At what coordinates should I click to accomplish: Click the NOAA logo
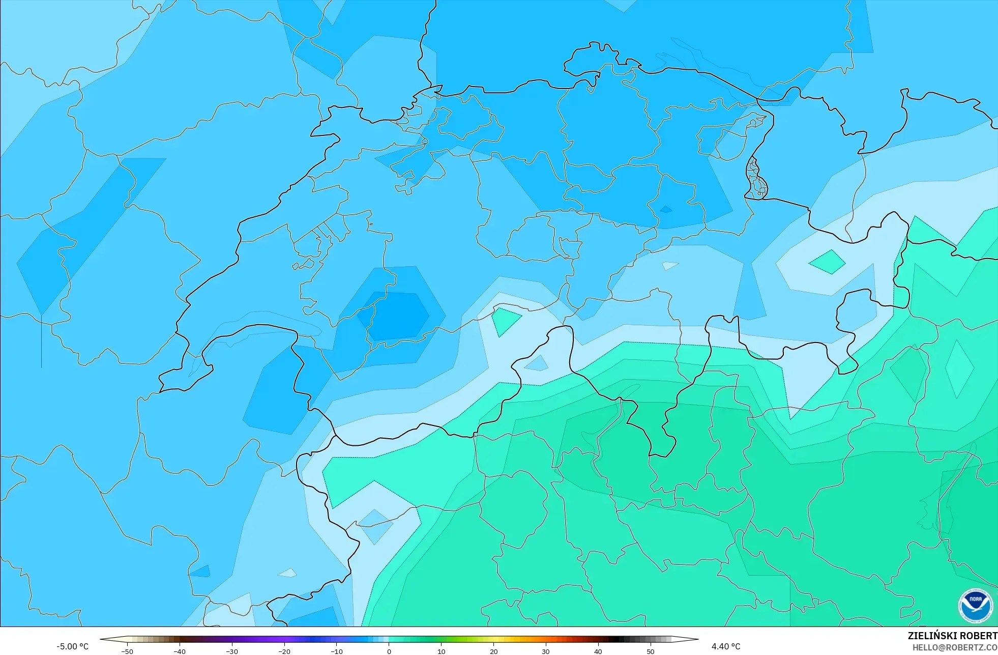(x=975, y=606)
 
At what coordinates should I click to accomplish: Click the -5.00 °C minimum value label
(x=72, y=647)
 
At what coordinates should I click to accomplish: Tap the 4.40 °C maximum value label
(x=726, y=647)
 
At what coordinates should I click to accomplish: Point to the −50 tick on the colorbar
(x=127, y=651)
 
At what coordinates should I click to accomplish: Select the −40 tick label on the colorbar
(x=180, y=651)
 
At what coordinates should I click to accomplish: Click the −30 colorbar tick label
(x=232, y=651)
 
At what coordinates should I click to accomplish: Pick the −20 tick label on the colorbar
(x=284, y=651)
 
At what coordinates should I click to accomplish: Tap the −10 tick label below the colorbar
(x=337, y=651)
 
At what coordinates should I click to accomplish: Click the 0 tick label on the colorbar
(x=389, y=651)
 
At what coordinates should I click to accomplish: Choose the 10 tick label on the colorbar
(x=442, y=651)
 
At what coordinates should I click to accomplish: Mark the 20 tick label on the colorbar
(x=494, y=651)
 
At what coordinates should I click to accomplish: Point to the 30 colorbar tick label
(x=546, y=651)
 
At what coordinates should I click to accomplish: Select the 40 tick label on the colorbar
(x=598, y=651)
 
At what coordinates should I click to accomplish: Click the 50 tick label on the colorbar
(x=651, y=651)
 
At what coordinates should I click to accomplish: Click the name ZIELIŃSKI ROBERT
(x=952, y=636)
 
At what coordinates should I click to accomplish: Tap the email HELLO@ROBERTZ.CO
(x=954, y=648)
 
